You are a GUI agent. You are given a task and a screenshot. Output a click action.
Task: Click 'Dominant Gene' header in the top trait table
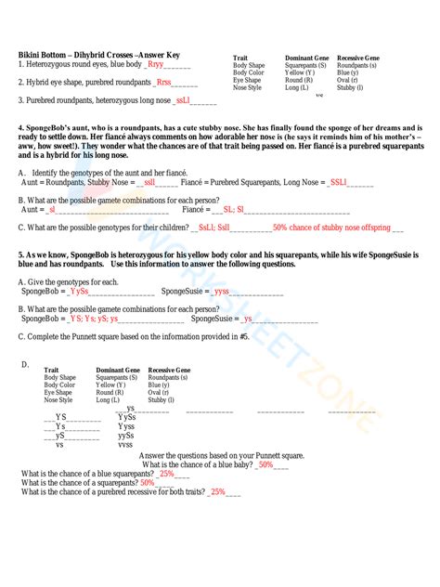pos(305,58)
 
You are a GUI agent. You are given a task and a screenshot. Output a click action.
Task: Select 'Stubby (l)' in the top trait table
pos(350,87)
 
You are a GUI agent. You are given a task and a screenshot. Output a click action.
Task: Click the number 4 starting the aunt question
pos(20,129)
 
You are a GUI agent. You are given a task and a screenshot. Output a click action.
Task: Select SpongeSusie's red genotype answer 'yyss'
pos(220,291)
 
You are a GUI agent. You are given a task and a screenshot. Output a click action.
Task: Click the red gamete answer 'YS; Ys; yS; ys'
pos(96,318)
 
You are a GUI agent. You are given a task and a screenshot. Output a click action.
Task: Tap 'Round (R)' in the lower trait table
pos(110,392)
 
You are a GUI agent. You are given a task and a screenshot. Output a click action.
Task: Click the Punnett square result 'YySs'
pos(126,418)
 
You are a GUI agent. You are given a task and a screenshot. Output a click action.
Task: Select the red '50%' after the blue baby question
pos(265,464)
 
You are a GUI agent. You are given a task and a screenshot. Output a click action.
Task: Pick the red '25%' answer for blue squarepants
pos(166,474)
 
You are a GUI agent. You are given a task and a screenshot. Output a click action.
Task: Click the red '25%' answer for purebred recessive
pos(217,492)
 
